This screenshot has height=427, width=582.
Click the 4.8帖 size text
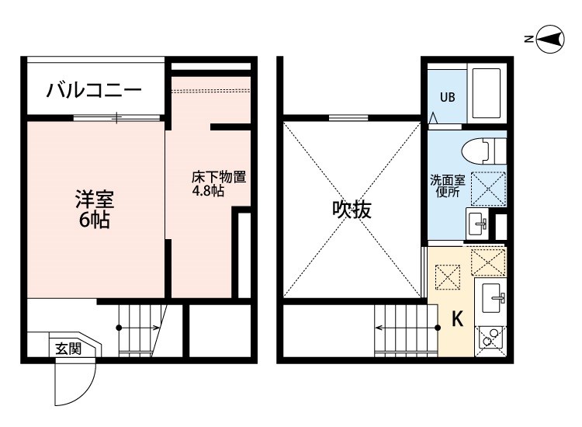coord(208,190)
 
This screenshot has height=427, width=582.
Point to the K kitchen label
coord(458,318)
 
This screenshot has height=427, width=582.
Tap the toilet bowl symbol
coord(483,148)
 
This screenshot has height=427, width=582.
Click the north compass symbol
coord(550,39)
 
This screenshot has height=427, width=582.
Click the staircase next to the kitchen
coord(404,329)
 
